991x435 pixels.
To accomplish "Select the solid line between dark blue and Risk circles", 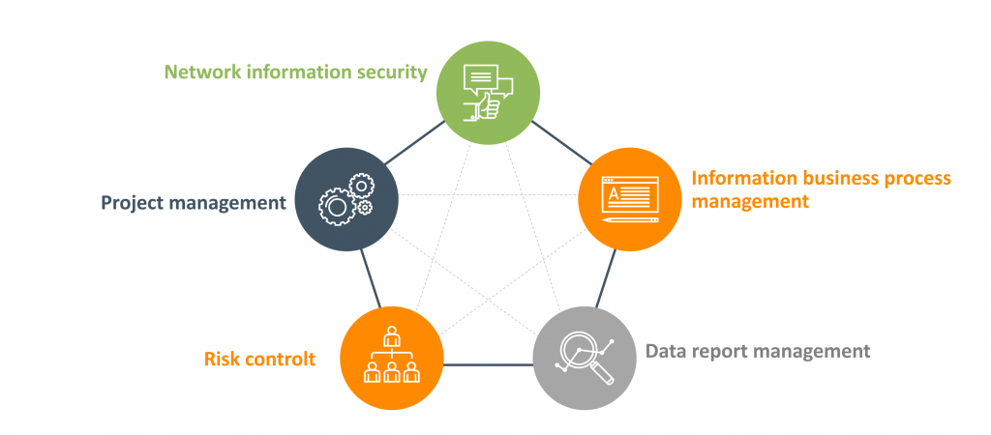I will click(x=369, y=279).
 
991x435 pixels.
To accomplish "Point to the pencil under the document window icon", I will click(x=629, y=219).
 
